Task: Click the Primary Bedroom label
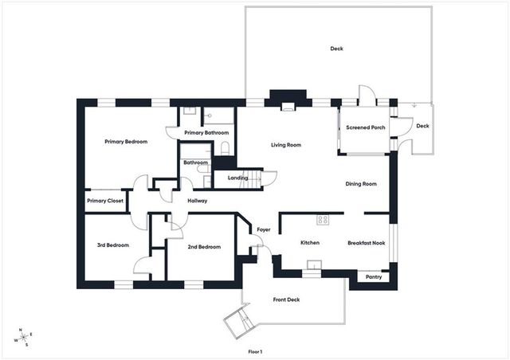pos(126,142)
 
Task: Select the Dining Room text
pos(360,184)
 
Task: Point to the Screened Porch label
pos(366,127)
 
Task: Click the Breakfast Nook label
pos(367,243)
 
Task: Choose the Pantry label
pos(373,277)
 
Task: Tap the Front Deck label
pos(286,299)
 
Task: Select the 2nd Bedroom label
pos(204,247)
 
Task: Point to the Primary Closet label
pos(104,201)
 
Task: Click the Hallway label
pos(197,201)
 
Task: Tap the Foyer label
pos(263,230)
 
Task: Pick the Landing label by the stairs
pos(237,178)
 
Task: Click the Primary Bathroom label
pos(206,132)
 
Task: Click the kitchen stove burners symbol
pos(324,219)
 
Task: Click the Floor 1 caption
pos(254,351)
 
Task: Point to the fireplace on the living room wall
pos(288,101)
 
